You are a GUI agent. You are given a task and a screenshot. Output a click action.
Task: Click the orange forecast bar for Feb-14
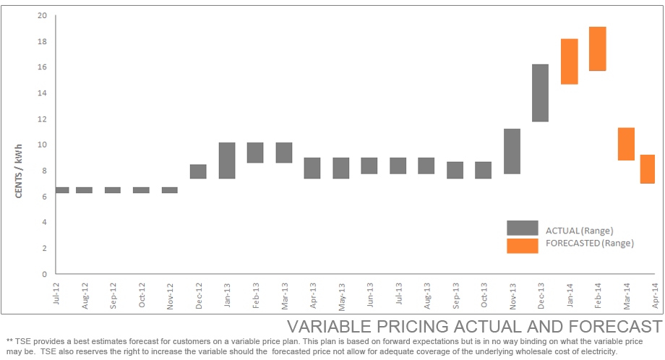point(598,48)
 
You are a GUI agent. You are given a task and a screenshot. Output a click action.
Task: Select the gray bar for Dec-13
point(541,93)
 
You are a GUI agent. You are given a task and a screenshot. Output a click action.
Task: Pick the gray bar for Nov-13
point(512,151)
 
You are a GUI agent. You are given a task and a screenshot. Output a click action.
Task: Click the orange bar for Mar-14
point(626,144)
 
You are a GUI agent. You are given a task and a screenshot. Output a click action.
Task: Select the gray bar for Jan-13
point(227,160)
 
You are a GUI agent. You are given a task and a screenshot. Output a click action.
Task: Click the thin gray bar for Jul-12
point(62,190)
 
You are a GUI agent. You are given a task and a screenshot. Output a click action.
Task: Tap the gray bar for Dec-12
point(198,171)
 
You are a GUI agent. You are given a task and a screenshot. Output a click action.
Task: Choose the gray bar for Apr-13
point(312,168)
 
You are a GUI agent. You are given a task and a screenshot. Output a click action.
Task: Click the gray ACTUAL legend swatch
point(522,228)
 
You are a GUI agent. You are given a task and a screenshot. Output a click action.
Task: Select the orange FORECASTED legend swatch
point(522,246)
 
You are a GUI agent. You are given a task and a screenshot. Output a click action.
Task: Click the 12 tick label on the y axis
point(43,119)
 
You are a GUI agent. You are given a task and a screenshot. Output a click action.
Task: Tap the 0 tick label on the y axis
point(45,274)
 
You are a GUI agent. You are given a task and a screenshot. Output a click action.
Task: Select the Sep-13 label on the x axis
point(456,295)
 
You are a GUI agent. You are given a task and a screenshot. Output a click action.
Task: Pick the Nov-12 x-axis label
point(171,295)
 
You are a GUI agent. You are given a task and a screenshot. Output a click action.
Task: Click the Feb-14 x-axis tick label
point(598,295)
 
